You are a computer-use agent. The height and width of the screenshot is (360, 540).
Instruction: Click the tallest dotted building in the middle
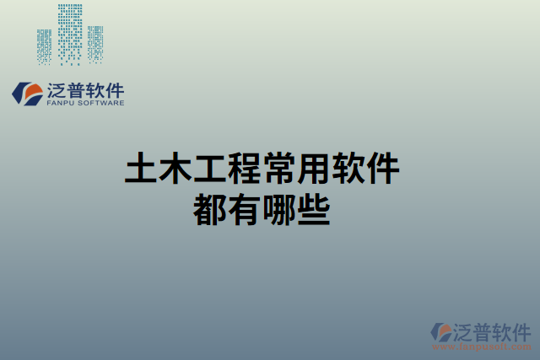(x=71, y=34)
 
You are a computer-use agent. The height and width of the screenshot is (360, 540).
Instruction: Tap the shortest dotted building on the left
(x=44, y=46)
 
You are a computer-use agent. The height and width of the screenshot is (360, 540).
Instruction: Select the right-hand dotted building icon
(x=95, y=45)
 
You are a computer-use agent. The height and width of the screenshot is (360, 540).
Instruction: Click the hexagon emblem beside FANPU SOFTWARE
(x=27, y=94)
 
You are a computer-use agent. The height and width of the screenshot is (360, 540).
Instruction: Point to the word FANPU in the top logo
(x=62, y=104)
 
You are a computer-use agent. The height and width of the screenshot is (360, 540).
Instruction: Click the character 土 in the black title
(x=140, y=169)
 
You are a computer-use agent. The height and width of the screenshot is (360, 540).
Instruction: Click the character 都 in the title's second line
(x=209, y=208)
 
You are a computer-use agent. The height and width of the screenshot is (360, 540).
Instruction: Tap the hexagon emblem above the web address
(x=441, y=331)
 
